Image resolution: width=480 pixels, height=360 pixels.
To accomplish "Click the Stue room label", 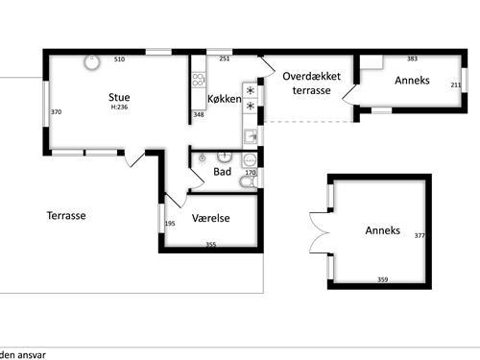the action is pyautogui.click(x=119, y=97).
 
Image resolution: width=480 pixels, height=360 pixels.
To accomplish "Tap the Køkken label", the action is pyautogui.click(x=225, y=99).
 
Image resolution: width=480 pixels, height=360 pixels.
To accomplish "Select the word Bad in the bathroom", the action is pyautogui.click(x=222, y=172).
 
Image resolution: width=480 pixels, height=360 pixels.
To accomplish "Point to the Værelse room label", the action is pyautogui.click(x=211, y=218).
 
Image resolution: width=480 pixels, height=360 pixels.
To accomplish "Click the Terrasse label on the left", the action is pyautogui.click(x=66, y=215).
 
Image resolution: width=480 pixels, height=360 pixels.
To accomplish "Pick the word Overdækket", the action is pyautogui.click(x=311, y=76).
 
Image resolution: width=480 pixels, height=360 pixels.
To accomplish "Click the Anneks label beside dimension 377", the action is pyautogui.click(x=383, y=230).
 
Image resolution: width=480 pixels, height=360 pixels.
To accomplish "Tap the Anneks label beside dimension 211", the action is pyautogui.click(x=412, y=81).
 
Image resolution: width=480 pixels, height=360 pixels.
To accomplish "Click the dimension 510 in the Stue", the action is pyautogui.click(x=119, y=60).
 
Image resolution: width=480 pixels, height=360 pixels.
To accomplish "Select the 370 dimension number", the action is pyautogui.click(x=57, y=112).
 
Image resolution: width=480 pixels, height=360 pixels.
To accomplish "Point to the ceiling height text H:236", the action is pyautogui.click(x=119, y=108).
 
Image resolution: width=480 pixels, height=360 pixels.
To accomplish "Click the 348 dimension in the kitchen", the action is pyautogui.click(x=199, y=114).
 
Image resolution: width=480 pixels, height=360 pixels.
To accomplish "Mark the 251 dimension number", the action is pyautogui.click(x=225, y=59).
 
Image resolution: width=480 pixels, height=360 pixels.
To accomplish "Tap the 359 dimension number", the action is pyautogui.click(x=383, y=279).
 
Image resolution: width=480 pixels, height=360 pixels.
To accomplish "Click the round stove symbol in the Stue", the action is pyautogui.click(x=92, y=62).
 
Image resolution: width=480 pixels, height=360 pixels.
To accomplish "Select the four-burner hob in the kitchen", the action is pyautogui.click(x=199, y=80).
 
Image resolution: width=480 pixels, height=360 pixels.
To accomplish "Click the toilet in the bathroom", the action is pyautogui.click(x=248, y=181).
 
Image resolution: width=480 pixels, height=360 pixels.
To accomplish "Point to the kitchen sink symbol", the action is pyautogui.click(x=251, y=136).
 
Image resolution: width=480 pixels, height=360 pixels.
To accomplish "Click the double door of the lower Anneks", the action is pyautogui.click(x=320, y=232).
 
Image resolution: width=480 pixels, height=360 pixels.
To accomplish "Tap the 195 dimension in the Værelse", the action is pyautogui.click(x=170, y=224).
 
